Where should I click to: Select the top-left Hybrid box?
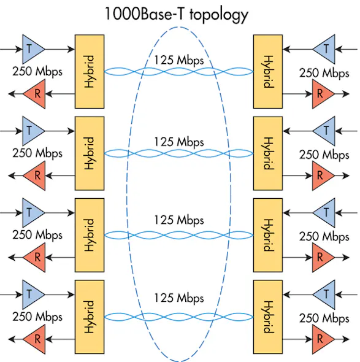pyautogui.click(x=90, y=71)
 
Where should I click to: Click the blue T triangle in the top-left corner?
pyautogui.click(x=33, y=46)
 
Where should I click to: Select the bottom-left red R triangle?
pyautogui.click(x=34, y=338)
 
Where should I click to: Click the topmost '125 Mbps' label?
pyautogui.click(x=178, y=61)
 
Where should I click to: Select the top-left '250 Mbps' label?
pyautogui.click(x=37, y=71)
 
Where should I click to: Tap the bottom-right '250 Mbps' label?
pyautogui.click(x=324, y=318)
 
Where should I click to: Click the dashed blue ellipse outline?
pyautogui.click(x=128, y=184)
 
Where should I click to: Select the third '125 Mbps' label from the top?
pyautogui.click(x=178, y=220)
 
